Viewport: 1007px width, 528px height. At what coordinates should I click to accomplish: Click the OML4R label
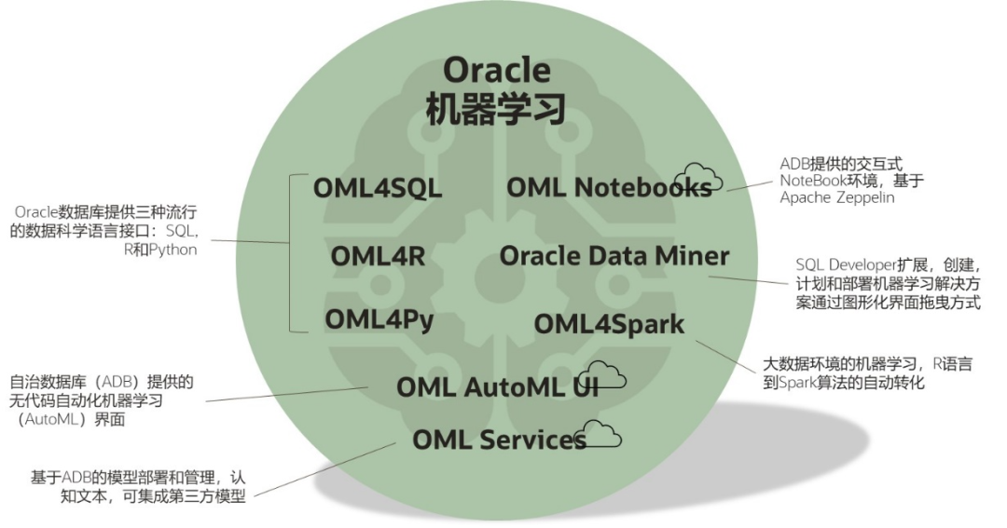(x=377, y=255)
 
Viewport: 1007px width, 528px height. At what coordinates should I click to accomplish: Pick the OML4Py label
(x=379, y=319)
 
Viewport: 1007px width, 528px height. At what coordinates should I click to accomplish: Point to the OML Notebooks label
(x=608, y=187)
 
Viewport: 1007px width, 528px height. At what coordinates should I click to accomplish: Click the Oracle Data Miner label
(x=614, y=255)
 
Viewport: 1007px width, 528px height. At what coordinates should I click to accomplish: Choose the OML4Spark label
(x=609, y=324)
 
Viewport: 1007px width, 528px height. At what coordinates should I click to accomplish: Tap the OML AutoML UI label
(x=496, y=386)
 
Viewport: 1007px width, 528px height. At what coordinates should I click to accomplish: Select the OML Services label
(x=499, y=439)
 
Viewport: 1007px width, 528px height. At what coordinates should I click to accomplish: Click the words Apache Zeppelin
(x=838, y=198)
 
